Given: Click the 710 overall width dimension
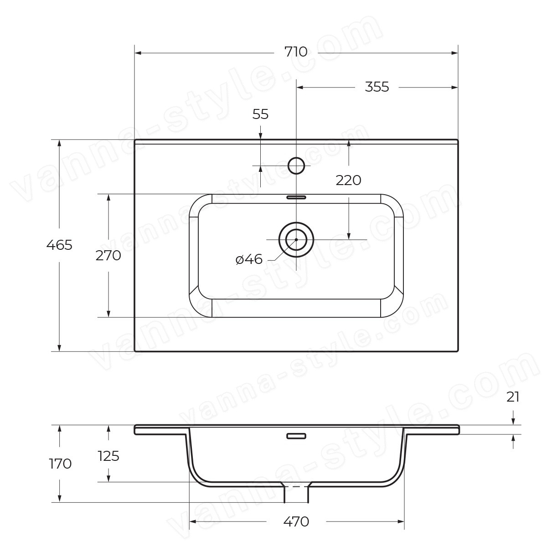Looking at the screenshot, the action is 296,52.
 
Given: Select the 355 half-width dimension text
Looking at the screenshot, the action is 377,87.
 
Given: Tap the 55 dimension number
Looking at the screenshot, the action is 260,114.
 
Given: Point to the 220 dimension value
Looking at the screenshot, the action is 348,180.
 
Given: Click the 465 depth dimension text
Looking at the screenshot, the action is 59,245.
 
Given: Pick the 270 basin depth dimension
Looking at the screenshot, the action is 108,256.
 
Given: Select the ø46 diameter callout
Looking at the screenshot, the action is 249,259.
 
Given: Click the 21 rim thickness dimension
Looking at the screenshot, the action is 513,397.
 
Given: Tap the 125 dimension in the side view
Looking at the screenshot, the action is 108,456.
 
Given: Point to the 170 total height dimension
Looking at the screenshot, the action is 60,464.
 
